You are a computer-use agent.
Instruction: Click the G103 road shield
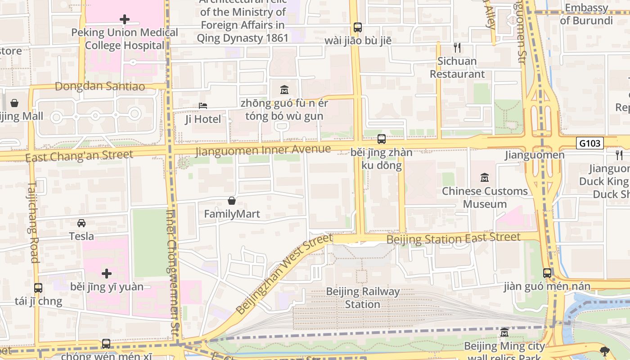click(589, 143)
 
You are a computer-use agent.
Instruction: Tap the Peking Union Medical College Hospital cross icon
click(125, 19)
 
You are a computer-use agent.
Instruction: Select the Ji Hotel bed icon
click(203, 106)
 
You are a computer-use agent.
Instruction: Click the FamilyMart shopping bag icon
click(232, 201)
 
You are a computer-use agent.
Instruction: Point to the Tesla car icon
click(81, 223)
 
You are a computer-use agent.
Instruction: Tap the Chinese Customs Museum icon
click(485, 178)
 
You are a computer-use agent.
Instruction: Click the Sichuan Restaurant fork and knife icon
click(457, 48)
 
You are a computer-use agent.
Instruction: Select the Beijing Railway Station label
click(362, 298)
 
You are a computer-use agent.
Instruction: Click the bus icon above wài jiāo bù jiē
click(358, 27)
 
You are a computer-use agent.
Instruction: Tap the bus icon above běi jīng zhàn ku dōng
click(382, 139)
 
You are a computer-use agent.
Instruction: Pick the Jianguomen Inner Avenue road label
click(263, 150)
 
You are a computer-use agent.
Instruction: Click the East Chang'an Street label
click(79, 156)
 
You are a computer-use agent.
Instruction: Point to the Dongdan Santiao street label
click(100, 86)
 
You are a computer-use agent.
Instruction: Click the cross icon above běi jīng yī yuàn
click(107, 274)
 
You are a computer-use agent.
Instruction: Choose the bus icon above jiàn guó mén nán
click(547, 273)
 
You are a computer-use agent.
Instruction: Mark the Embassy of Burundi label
click(586, 14)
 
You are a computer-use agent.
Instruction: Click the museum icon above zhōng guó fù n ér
click(284, 90)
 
